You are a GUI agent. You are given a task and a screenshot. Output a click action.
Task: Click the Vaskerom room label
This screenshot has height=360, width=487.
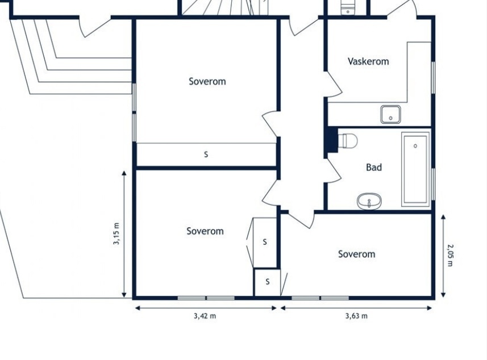368,61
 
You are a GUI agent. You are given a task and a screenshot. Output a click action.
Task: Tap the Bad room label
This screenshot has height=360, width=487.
374,168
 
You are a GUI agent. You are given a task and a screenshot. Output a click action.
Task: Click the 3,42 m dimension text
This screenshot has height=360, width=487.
205,316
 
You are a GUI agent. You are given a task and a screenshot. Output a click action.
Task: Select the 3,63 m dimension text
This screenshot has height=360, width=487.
356,316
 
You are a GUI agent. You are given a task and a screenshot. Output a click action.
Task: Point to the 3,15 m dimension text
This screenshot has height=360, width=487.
116,234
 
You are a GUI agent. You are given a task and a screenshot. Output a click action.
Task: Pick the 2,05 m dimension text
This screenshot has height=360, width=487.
451,255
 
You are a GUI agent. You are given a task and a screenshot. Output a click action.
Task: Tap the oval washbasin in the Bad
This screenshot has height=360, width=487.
369,202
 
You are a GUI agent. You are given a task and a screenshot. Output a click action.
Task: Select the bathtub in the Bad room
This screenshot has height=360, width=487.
415,169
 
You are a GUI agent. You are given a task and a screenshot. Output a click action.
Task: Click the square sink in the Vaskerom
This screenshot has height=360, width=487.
391,114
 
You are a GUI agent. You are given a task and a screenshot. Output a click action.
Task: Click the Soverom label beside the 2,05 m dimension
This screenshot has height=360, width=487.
356,254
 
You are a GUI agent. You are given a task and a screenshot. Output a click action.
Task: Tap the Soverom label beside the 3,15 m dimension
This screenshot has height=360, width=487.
205,231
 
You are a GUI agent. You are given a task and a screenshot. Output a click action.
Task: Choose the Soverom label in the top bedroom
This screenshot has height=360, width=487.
207,81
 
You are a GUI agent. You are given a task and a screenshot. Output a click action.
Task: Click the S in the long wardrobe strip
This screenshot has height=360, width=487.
206,154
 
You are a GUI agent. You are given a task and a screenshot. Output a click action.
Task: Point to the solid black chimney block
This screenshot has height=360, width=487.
331,140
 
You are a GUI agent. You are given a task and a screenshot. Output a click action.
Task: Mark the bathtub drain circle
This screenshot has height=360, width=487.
415,145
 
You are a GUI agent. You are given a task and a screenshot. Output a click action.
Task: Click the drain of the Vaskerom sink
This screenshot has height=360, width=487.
391,118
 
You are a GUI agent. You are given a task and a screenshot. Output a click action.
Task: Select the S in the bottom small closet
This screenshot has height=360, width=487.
268,282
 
